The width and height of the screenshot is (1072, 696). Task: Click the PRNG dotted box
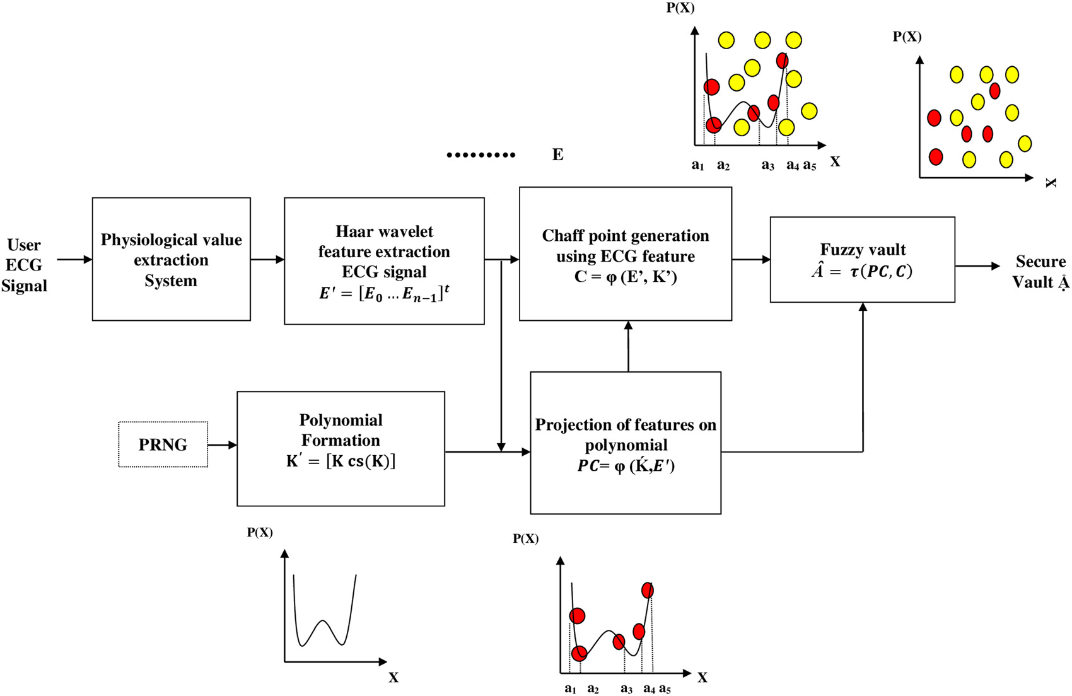(163, 444)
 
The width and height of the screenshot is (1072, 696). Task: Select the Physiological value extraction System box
(171, 259)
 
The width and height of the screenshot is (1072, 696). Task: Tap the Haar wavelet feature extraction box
(384, 260)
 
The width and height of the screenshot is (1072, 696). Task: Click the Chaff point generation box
(625, 253)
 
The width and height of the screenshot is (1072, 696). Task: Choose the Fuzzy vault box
(862, 259)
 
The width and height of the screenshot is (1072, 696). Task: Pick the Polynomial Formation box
(341, 448)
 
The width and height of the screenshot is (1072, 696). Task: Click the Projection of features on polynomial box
(625, 443)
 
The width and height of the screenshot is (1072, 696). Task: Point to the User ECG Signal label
(24, 265)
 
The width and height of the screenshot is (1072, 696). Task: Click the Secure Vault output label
(1040, 272)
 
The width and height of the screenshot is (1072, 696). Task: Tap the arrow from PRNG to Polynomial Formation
(222, 445)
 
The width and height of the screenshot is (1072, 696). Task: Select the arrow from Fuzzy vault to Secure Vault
(977, 266)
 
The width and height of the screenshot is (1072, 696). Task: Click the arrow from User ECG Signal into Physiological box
(74, 259)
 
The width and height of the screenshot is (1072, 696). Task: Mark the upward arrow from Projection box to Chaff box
(628, 346)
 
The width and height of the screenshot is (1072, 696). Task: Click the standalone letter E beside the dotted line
(557, 154)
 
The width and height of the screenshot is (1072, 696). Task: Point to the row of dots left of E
(481, 154)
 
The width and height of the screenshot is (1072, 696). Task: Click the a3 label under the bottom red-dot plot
(626, 689)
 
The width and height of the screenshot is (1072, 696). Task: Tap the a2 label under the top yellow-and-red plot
(723, 166)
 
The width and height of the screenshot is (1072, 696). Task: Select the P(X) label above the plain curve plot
(260, 533)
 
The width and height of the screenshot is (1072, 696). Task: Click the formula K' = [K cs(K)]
(341, 461)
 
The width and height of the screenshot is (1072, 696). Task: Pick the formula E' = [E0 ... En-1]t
(384, 293)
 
